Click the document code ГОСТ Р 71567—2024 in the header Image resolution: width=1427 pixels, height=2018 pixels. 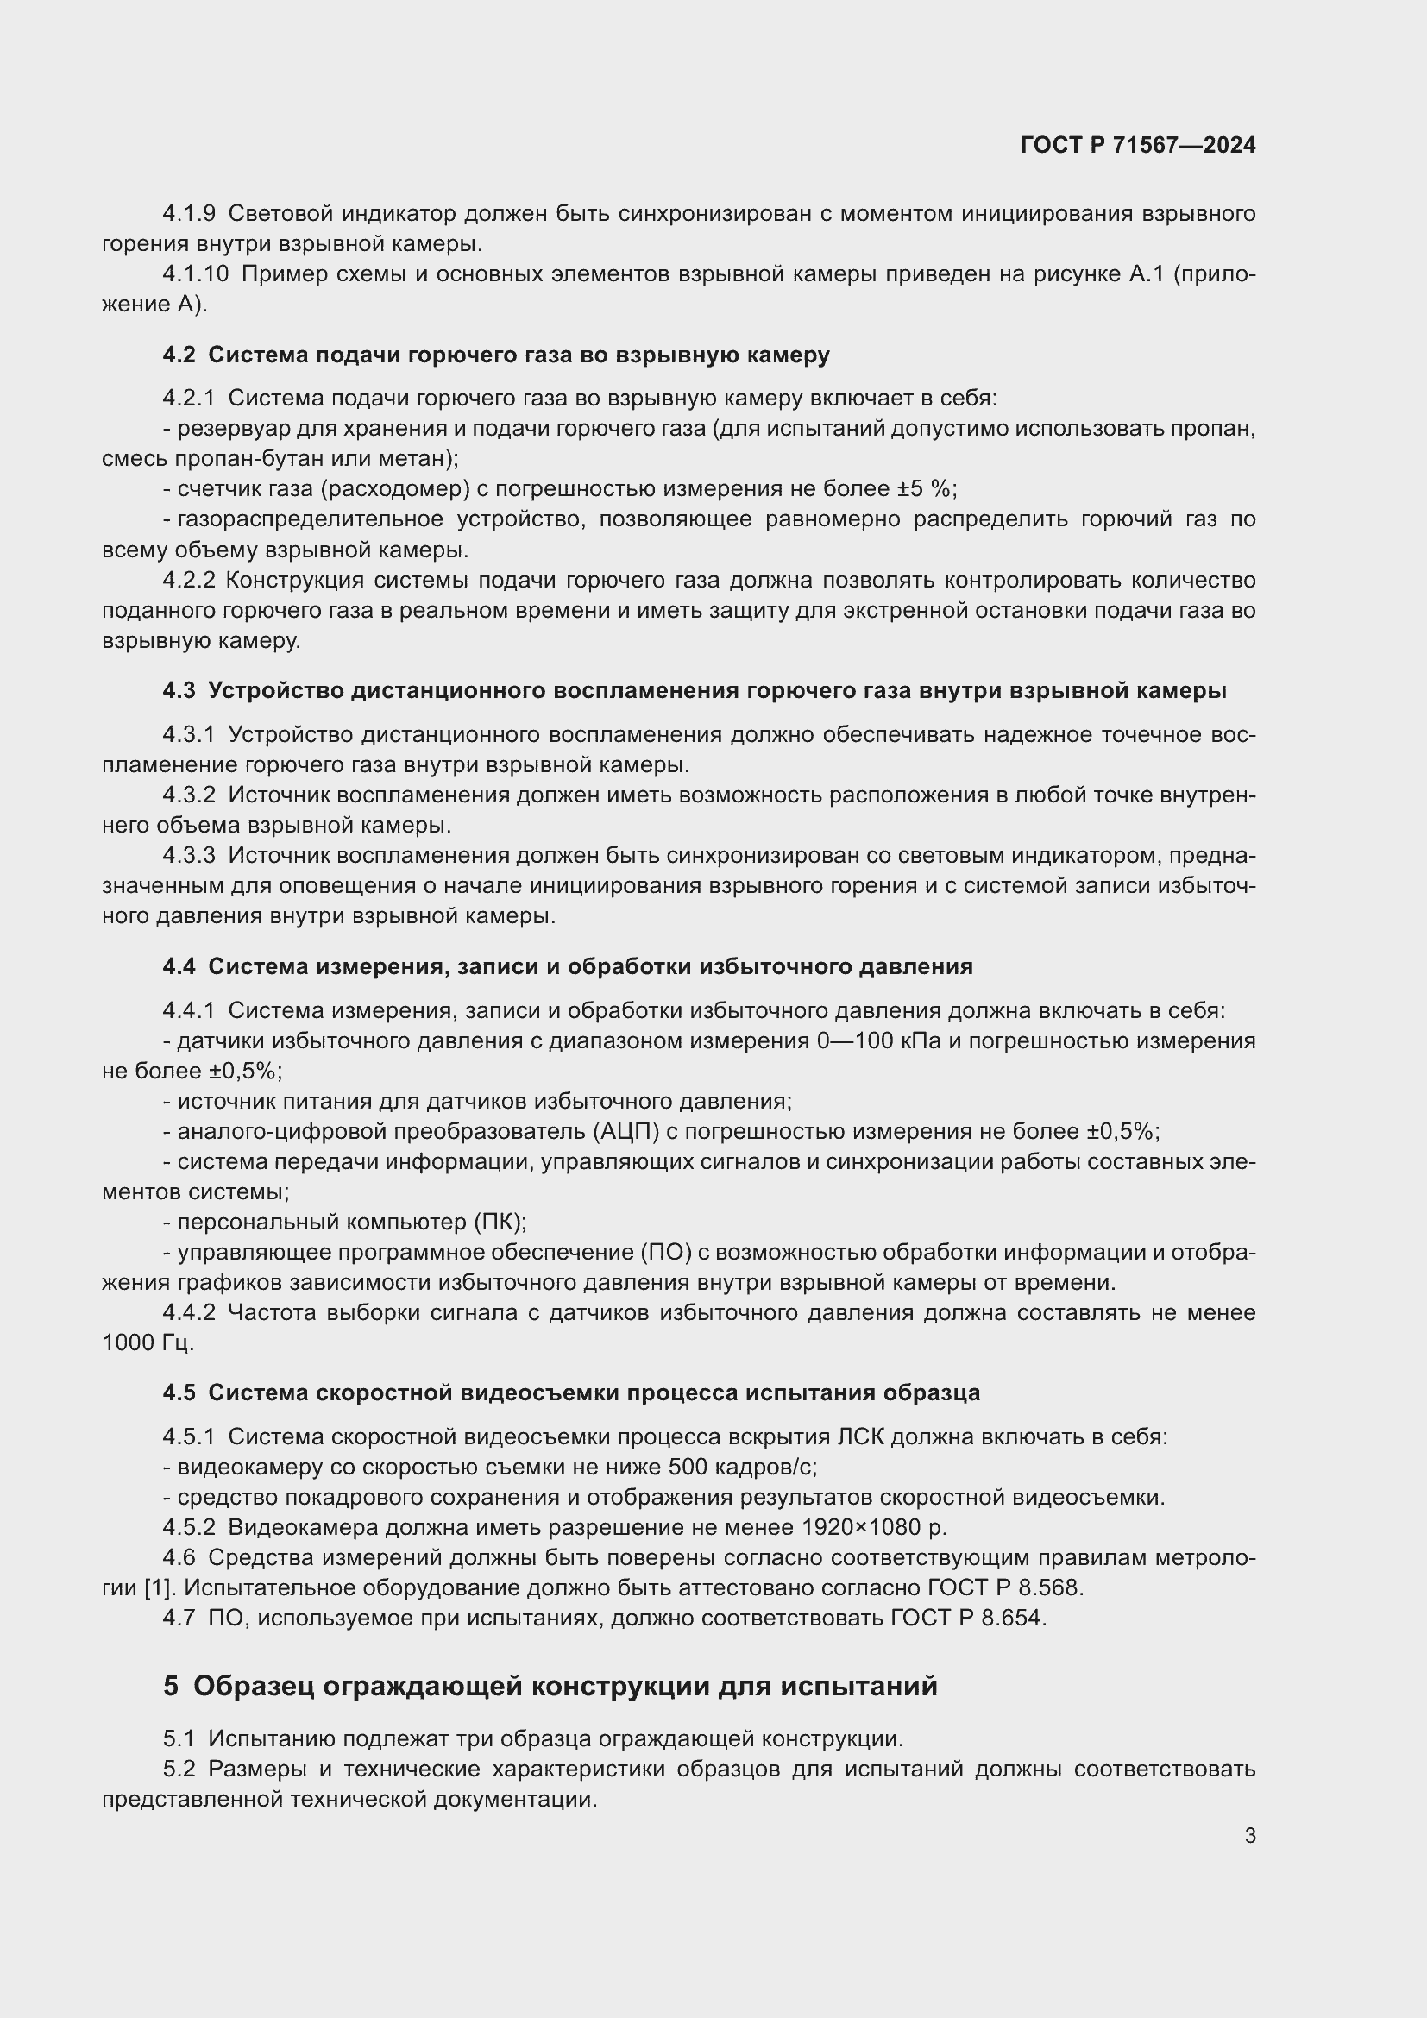tap(1138, 146)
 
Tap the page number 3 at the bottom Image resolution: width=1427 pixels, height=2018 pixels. tap(1249, 1835)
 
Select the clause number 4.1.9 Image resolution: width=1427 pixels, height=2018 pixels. tap(189, 214)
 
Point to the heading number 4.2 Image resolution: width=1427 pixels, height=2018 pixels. tap(179, 355)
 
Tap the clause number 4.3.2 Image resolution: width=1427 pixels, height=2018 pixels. tap(189, 795)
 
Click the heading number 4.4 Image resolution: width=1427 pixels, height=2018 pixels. tap(179, 967)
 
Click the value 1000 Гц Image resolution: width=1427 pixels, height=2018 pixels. tap(147, 1343)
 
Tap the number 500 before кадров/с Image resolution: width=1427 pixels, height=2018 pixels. tap(685, 1467)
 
